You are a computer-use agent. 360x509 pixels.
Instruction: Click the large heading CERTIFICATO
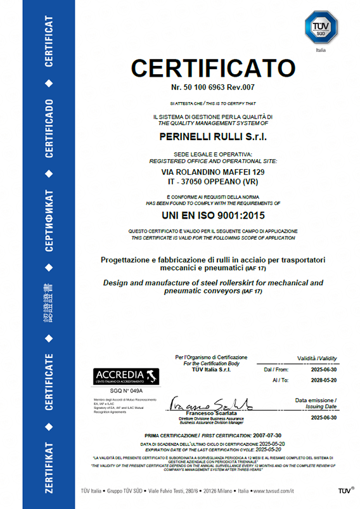212,67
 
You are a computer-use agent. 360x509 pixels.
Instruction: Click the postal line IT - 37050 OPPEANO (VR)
212,181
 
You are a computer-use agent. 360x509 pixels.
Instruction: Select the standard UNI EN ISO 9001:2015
212,216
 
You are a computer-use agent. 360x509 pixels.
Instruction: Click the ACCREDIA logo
126,376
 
